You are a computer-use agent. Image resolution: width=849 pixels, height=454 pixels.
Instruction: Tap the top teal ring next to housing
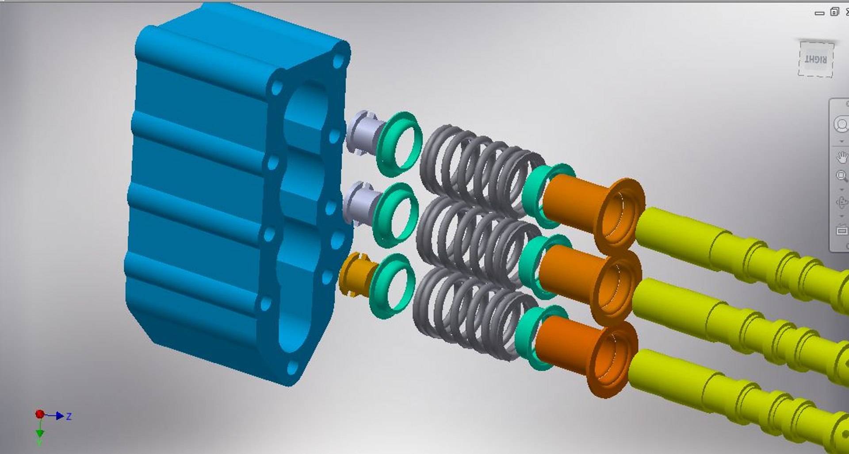pyautogui.click(x=398, y=142)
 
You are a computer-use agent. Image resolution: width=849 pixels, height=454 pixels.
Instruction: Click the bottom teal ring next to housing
pyautogui.click(x=391, y=285)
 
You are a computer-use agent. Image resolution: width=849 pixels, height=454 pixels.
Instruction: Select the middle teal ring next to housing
pyautogui.click(x=394, y=214)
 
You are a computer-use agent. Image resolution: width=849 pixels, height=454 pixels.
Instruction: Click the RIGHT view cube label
pyautogui.click(x=816, y=59)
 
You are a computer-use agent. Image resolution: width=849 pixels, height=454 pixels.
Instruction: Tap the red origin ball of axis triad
pyautogui.click(x=40, y=414)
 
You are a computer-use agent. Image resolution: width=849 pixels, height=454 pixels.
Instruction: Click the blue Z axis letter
pyautogui.click(x=69, y=416)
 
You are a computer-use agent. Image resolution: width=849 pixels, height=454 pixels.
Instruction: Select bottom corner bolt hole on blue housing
pyautogui.click(x=293, y=367)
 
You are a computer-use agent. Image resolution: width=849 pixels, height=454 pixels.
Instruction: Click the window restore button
pyautogui.click(x=834, y=12)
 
